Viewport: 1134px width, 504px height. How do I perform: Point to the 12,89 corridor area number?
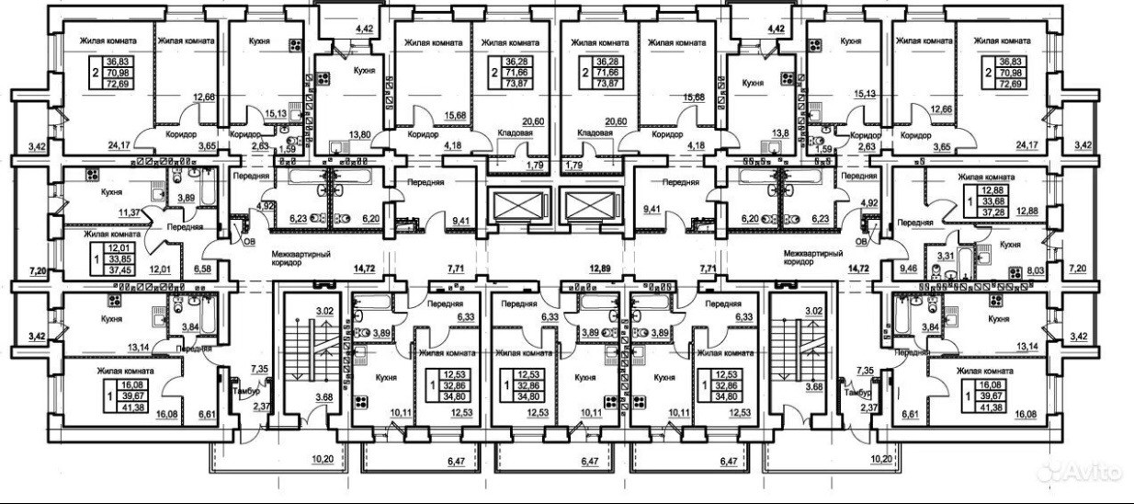[600, 269]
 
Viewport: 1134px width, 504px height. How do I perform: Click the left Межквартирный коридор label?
[300, 258]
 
